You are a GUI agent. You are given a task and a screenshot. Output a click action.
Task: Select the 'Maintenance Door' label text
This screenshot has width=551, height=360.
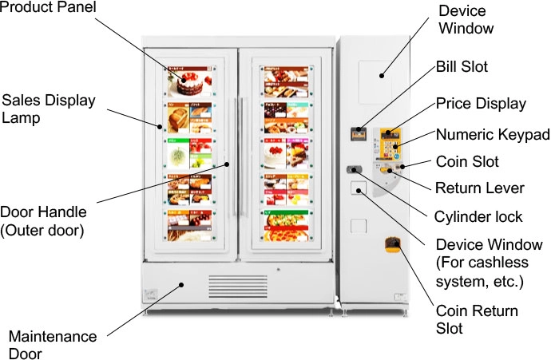[53, 345]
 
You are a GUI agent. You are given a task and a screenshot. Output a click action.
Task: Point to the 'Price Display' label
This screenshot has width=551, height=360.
[481, 104]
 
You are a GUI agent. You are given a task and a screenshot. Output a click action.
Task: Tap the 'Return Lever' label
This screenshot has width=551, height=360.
[479, 189]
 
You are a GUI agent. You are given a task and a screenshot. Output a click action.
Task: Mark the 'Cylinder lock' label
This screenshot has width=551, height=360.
[478, 216]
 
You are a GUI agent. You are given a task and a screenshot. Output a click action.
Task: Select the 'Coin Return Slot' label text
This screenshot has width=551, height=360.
[476, 319]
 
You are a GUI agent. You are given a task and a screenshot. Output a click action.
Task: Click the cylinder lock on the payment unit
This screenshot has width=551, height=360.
[353, 169]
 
